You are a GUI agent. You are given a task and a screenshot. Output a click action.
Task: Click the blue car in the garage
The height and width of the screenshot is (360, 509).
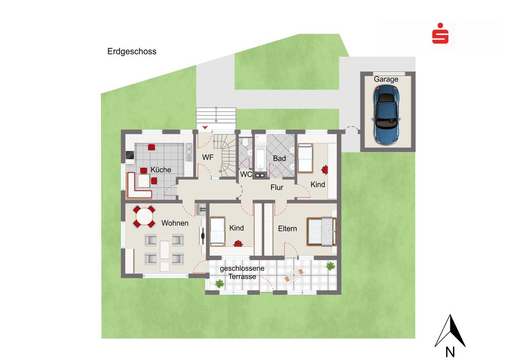pyautogui.click(x=386, y=115)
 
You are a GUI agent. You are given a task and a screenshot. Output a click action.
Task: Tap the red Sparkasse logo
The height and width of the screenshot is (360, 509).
pyautogui.click(x=440, y=33)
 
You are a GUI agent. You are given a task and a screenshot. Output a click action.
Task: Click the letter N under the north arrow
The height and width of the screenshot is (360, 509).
pyautogui.click(x=450, y=352)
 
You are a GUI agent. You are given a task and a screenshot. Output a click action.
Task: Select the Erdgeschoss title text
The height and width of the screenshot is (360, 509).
pyautogui.click(x=132, y=52)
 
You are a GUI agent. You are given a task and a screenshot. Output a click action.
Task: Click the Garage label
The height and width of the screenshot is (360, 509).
pyautogui.click(x=386, y=79)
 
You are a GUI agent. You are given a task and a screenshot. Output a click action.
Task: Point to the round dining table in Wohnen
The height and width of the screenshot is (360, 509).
pyautogui.click(x=144, y=216)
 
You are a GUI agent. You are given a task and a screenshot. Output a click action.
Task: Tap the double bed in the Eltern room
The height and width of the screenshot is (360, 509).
pyautogui.click(x=321, y=232)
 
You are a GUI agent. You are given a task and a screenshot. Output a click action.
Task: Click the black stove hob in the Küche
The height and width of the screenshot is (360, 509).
pyautogui.click(x=130, y=155)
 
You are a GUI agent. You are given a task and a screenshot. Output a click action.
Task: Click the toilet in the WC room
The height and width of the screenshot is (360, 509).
pyautogui.click(x=245, y=142)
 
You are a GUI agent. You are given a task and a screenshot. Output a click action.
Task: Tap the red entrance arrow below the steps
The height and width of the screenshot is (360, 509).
pyautogui.click(x=205, y=128)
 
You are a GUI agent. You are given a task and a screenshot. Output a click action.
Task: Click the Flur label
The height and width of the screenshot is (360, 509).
pyautogui.click(x=277, y=187)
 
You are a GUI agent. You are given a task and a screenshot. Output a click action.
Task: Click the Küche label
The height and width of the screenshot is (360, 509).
pyautogui.click(x=160, y=170)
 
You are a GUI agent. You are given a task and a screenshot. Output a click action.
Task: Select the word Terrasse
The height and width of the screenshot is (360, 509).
pyautogui.click(x=242, y=277)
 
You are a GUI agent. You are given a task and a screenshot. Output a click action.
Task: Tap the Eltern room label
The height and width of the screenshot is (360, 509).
pyautogui.click(x=287, y=229)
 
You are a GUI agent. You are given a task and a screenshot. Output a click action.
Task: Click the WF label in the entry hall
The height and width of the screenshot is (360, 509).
pyautogui.click(x=208, y=157)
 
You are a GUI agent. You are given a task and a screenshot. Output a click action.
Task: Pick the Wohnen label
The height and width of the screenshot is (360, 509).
pyautogui.click(x=175, y=223)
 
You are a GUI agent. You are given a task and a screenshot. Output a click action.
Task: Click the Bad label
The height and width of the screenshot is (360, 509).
pyautogui.click(x=279, y=158)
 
